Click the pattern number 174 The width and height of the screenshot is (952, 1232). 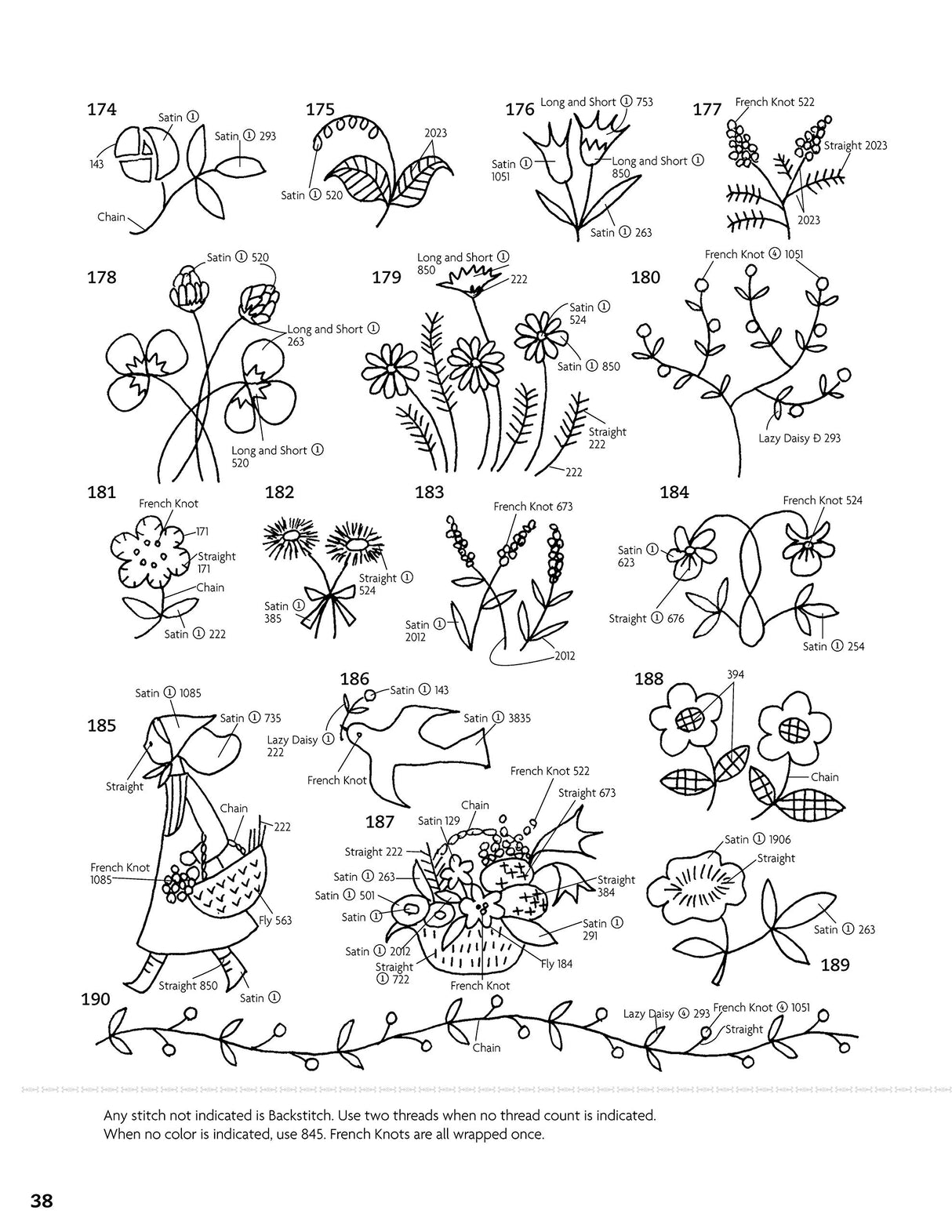tap(102, 110)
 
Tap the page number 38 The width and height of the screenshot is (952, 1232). tap(42, 1200)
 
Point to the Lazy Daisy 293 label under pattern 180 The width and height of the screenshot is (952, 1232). tap(799, 438)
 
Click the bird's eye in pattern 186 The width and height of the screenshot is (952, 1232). tap(359, 736)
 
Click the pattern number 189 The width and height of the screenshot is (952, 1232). tap(834, 965)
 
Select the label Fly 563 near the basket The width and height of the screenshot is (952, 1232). tap(274, 921)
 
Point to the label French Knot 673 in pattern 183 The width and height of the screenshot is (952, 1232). tap(532, 507)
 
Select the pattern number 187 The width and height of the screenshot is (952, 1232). tap(380, 822)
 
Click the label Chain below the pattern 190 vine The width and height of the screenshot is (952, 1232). tap(486, 1048)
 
